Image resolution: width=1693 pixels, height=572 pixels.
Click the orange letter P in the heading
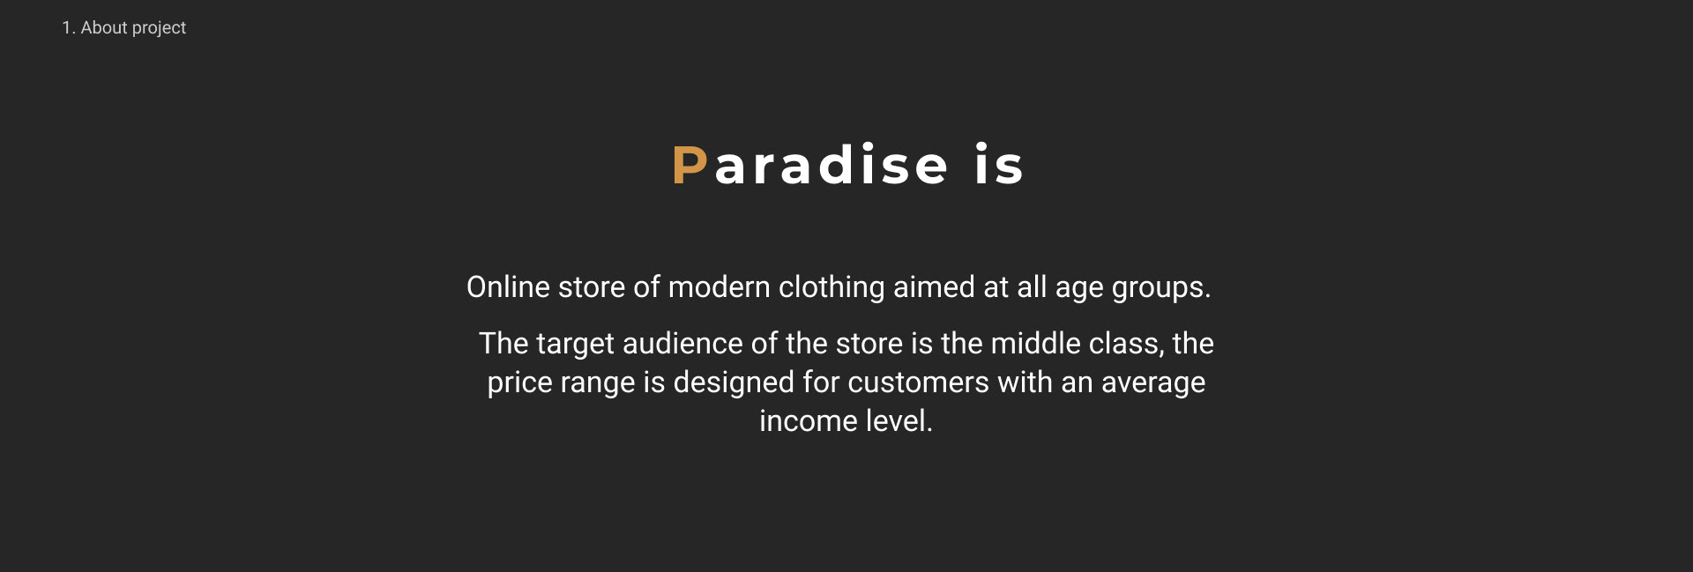point(689,165)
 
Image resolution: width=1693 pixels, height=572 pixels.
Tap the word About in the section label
point(104,27)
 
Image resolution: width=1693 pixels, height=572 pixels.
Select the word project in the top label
point(160,28)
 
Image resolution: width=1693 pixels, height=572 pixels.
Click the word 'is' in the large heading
point(999,165)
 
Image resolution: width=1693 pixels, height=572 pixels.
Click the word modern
point(720,287)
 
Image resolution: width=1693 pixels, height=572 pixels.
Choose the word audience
point(682,344)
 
